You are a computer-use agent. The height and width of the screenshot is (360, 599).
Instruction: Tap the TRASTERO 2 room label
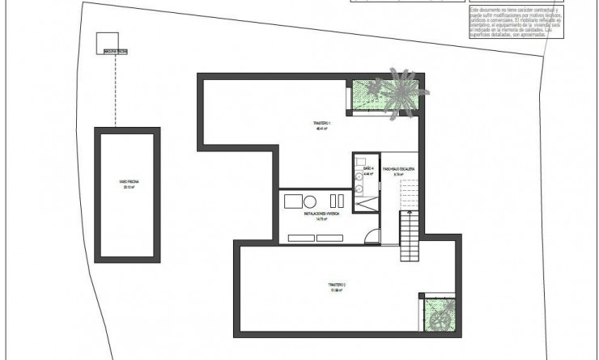[x=337, y=285]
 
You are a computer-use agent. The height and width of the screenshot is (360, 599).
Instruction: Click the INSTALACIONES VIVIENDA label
[x=322, y=214]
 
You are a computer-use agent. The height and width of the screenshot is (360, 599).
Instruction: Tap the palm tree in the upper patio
[x=398, y=91]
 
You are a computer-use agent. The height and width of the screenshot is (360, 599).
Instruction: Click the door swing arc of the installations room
[x=370, y=237]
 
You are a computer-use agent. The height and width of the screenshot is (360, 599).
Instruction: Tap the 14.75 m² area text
[x=322, y=218]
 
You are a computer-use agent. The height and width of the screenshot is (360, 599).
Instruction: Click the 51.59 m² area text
[x=337, y=290]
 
